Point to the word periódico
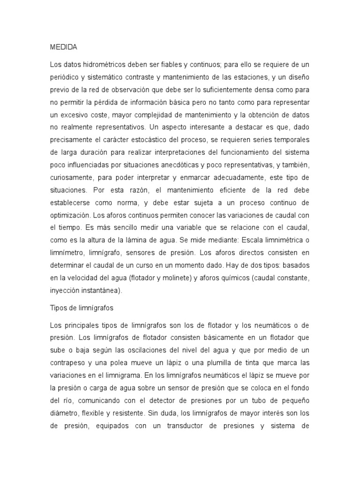65,76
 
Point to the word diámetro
63,413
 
